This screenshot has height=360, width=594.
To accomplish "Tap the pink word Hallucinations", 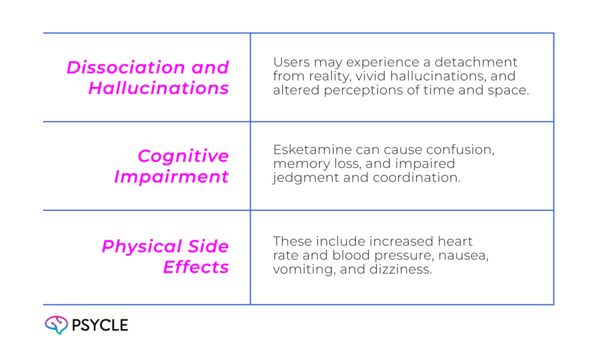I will coord(158,89).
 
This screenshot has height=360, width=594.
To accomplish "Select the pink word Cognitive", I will coord(183,156).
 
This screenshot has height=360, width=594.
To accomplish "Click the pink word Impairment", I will coord(172,177).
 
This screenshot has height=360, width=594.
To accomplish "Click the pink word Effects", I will coord(195,267).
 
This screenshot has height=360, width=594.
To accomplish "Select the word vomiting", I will coord(296,270).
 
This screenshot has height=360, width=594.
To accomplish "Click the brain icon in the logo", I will coord(56,325).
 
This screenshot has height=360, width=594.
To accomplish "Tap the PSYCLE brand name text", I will coord(100,325).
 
